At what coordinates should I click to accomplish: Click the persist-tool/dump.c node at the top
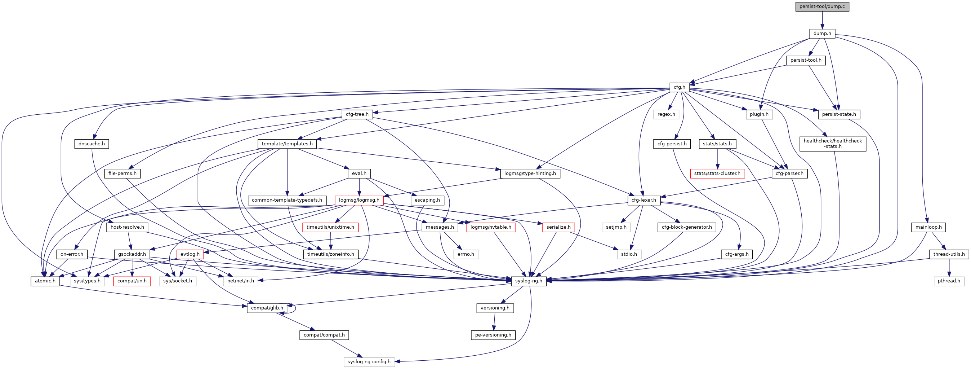(822, 6)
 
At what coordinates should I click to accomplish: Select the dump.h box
(822, 34)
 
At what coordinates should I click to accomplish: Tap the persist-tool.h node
(806, 60)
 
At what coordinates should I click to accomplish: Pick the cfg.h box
(679, 87)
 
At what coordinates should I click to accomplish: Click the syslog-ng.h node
(529, 281)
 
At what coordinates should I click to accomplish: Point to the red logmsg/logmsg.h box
(359, 200)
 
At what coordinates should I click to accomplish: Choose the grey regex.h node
(666, 114)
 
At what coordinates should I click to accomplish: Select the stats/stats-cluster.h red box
(717, 173)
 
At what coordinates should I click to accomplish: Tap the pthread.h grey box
(949, 281)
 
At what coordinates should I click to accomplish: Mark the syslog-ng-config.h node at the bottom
(369, 362)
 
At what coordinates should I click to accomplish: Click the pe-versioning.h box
(493, 335)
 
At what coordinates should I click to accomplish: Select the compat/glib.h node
(267, 308)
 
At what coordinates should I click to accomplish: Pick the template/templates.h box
(287, 144)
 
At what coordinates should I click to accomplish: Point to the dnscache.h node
(92, 144)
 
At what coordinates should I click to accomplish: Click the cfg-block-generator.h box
(686, 227)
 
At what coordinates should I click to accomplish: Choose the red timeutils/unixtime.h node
(330, 227)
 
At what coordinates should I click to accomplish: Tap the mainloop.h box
(928, 227)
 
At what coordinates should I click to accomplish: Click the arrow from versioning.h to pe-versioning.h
(494, 322)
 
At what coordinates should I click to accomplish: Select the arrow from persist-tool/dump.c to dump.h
(822, 20)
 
